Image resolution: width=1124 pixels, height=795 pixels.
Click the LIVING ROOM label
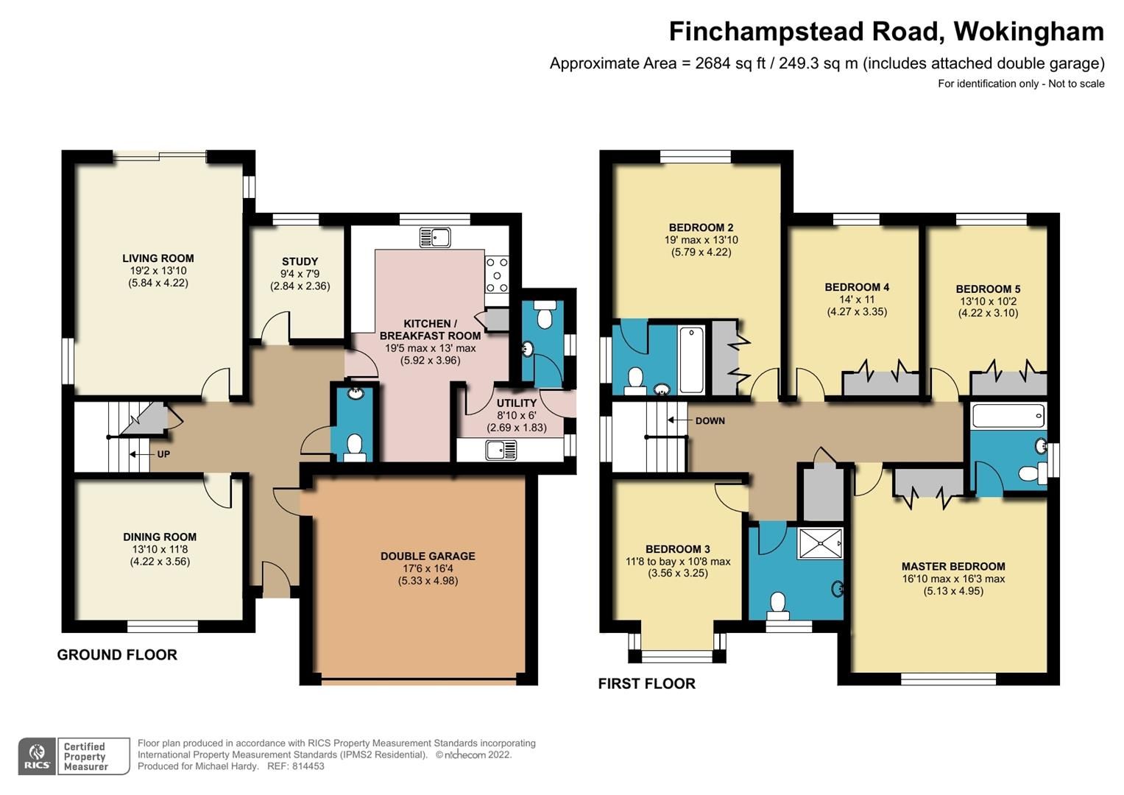pyautogui.click(x=158, y=258)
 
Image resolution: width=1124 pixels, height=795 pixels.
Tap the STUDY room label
pyautogui.click(x=300, y=261)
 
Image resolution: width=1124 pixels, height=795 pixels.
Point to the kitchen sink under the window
pyautogui.click(x=435, y=237)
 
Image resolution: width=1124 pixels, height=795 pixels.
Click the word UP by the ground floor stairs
pyautogui.click(x=163, y=454)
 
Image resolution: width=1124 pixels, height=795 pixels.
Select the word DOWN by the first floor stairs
pyautogui.click(x=710, y=421)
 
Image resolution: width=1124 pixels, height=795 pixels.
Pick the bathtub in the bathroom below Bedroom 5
pyautogui.click(x=1008, y=416)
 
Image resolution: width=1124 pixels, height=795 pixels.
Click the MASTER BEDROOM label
pyautogui.click(x=953, y=567)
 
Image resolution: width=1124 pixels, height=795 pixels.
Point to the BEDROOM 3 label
pyautogui.click(x=677, y=549)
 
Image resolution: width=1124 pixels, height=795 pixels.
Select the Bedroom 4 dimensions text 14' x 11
pyautogui.click(x=857, y=300)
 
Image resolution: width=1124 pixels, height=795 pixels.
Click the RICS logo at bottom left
pyautogui.click(x=37, y=756)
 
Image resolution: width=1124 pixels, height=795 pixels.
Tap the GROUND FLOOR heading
pyautogui.click(x=117, y=655)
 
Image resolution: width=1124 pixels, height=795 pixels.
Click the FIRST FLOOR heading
pyautogui.click(x=646, y=684)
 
